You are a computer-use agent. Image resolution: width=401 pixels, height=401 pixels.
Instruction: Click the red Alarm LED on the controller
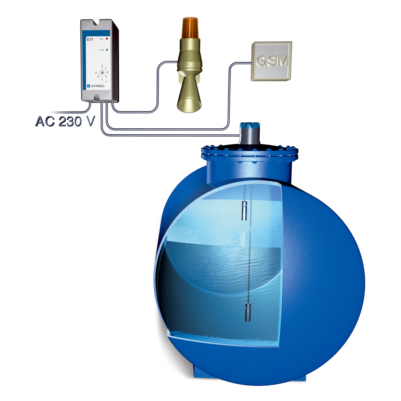click(107, 39)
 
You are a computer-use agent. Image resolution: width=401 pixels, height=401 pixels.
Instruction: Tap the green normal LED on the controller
click(107, 50)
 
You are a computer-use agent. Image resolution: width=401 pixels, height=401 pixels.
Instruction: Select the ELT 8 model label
click(90, 39)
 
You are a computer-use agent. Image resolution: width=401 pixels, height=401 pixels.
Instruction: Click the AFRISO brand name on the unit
click(98, 86)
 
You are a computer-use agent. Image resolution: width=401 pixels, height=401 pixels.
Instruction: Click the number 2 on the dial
click(107, 72)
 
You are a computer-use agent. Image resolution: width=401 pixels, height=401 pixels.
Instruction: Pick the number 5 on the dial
click(98, 77)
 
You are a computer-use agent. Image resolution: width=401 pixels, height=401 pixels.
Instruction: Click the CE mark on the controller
click(106, 81)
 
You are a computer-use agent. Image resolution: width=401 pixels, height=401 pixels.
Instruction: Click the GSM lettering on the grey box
click(272, 61)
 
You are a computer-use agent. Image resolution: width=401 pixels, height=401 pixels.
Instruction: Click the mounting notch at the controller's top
click(97, 23)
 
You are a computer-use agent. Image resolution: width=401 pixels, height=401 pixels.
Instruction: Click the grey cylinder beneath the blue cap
click(249, 137)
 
